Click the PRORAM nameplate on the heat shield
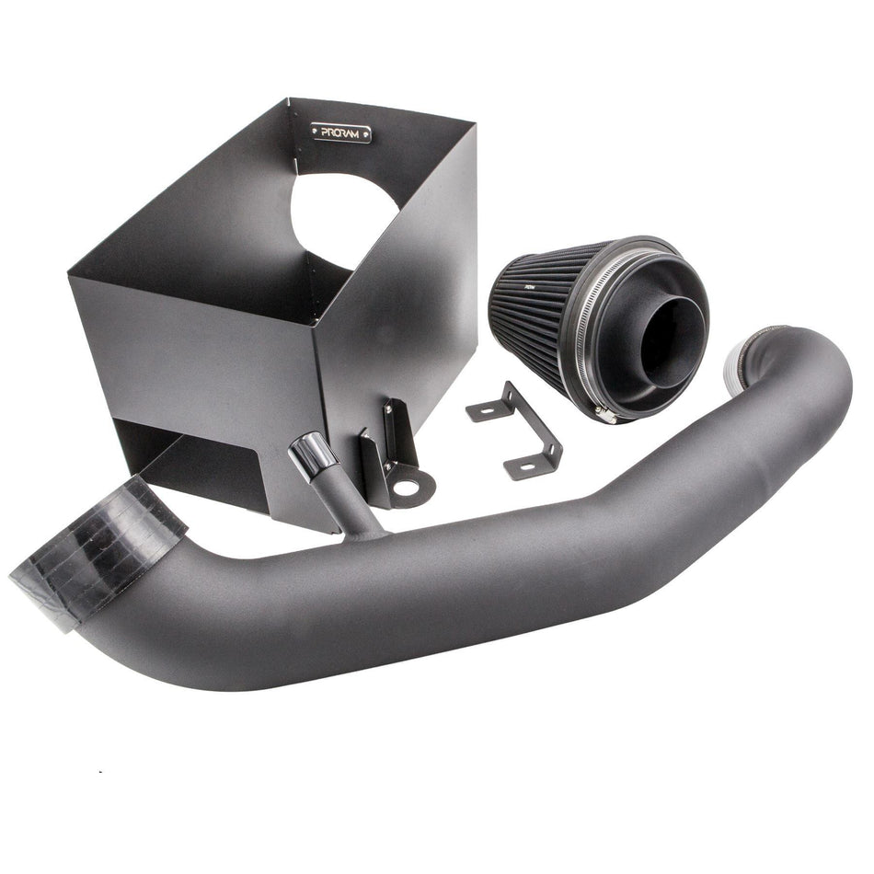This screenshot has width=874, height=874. coord(341,132)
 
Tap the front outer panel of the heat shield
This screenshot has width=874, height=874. coord(193,359)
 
